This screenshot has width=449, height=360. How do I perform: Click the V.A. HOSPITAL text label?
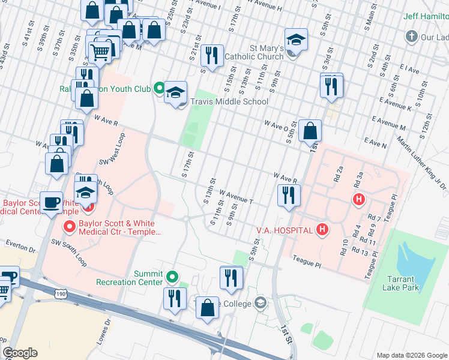[x=284, y=230]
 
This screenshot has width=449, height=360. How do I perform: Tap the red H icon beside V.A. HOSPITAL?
[x=322, y=229]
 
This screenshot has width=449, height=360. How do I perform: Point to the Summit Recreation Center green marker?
[x=173, y=277]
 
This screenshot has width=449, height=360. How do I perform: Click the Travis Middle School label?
[x=229, y=101]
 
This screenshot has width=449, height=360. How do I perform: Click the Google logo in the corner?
[x=20, y=353]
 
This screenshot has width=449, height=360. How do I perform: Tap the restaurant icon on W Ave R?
[x=289, y=194]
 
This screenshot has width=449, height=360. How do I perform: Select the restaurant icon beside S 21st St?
[x=212, y=55]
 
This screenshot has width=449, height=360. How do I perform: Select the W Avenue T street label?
[x=237, y=197]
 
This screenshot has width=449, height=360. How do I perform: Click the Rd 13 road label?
[x=361, y=250]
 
